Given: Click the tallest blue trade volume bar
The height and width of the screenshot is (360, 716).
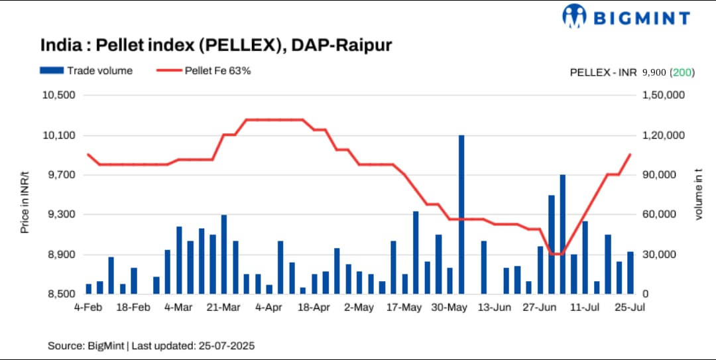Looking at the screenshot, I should pos(461,213).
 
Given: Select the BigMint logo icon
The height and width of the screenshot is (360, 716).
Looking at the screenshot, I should pos(573,17).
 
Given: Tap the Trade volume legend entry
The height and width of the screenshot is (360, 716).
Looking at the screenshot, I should pos(86,70).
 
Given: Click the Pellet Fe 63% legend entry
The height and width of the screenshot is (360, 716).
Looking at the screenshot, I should pos(204,70).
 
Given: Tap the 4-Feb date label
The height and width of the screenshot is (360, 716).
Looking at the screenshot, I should pos(88,308).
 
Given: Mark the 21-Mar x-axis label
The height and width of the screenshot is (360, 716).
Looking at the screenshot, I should pos(223,308).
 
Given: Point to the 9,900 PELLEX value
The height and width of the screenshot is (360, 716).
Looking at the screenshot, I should pos(654,72).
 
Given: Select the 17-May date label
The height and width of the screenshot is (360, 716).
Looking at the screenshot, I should pos(404,308).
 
